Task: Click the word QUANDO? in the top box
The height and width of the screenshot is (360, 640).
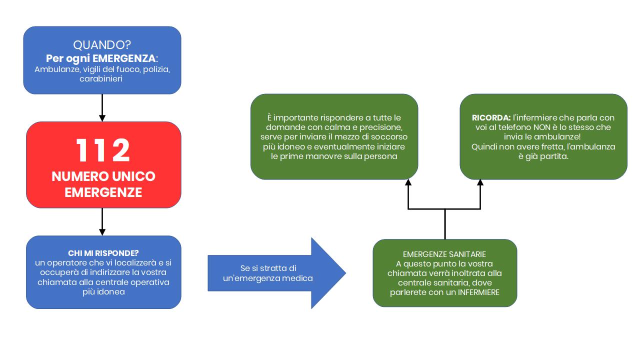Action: coord(102,45)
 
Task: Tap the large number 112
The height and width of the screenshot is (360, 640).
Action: coord(103,150)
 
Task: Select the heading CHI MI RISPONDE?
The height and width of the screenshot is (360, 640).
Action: coord(103,253)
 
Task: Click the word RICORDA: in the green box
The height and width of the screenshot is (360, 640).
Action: coord(491,117)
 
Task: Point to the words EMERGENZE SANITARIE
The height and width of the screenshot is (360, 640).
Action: coord(444,254)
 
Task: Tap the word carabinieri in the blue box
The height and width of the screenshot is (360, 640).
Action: coord(101,78)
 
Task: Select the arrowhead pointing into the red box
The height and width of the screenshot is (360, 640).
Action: coord(102,118)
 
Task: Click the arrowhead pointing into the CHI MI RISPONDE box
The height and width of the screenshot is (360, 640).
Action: coord(102,232)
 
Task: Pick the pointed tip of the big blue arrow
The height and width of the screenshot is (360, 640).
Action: coord(345,273)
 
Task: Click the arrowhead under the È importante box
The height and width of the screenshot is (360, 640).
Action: coord(408,182)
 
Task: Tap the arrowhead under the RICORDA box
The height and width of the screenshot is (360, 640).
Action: coord(480,182)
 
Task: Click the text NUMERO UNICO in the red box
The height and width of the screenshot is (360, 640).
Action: coord(103,176)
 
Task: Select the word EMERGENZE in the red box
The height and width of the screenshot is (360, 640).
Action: coord(103,192)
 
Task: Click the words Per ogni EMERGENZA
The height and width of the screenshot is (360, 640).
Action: coord(101,58)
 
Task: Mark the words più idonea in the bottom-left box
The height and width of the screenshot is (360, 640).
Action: coord(103,291)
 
